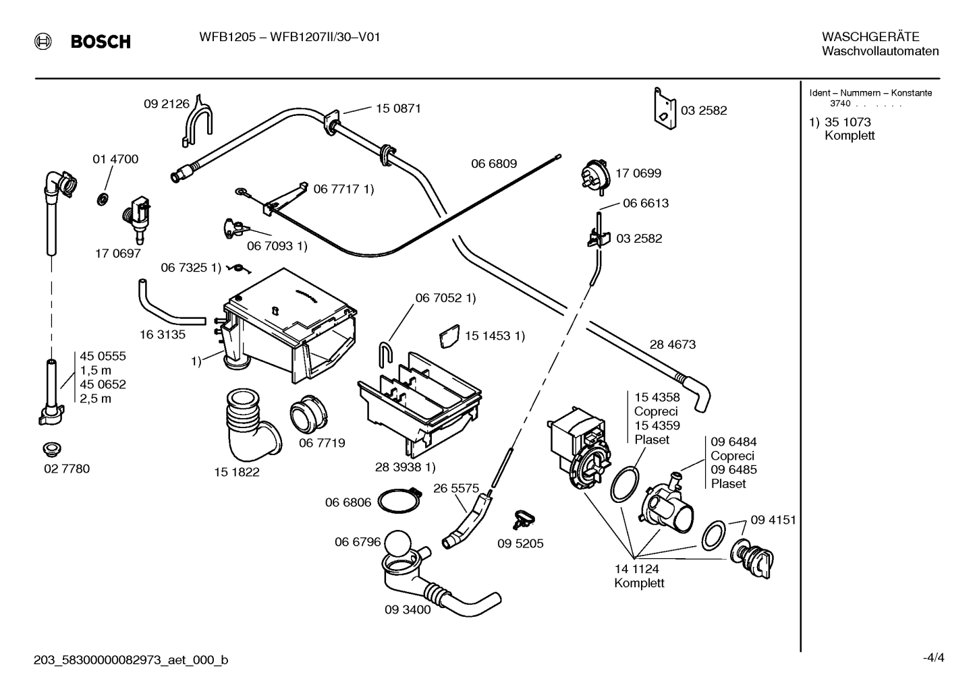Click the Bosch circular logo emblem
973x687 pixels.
(43, 42)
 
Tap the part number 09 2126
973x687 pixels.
(167, 104)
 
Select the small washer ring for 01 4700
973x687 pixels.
(103, 200)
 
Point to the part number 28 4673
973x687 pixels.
(673, 344)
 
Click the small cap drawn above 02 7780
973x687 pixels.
(52, 450)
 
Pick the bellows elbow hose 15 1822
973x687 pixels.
(252, 425)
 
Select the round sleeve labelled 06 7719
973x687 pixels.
(309, 413)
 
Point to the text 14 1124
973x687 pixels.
(636, 568)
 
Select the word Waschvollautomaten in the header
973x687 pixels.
(880, 51)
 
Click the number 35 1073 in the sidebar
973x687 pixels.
(847, 122)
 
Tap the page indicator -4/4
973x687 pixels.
(933, 659)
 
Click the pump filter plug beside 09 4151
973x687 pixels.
(752, 558)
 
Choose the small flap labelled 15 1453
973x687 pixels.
(449, 336)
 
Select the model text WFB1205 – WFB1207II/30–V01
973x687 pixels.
(289, 37)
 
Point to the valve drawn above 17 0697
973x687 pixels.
(137, 218)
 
